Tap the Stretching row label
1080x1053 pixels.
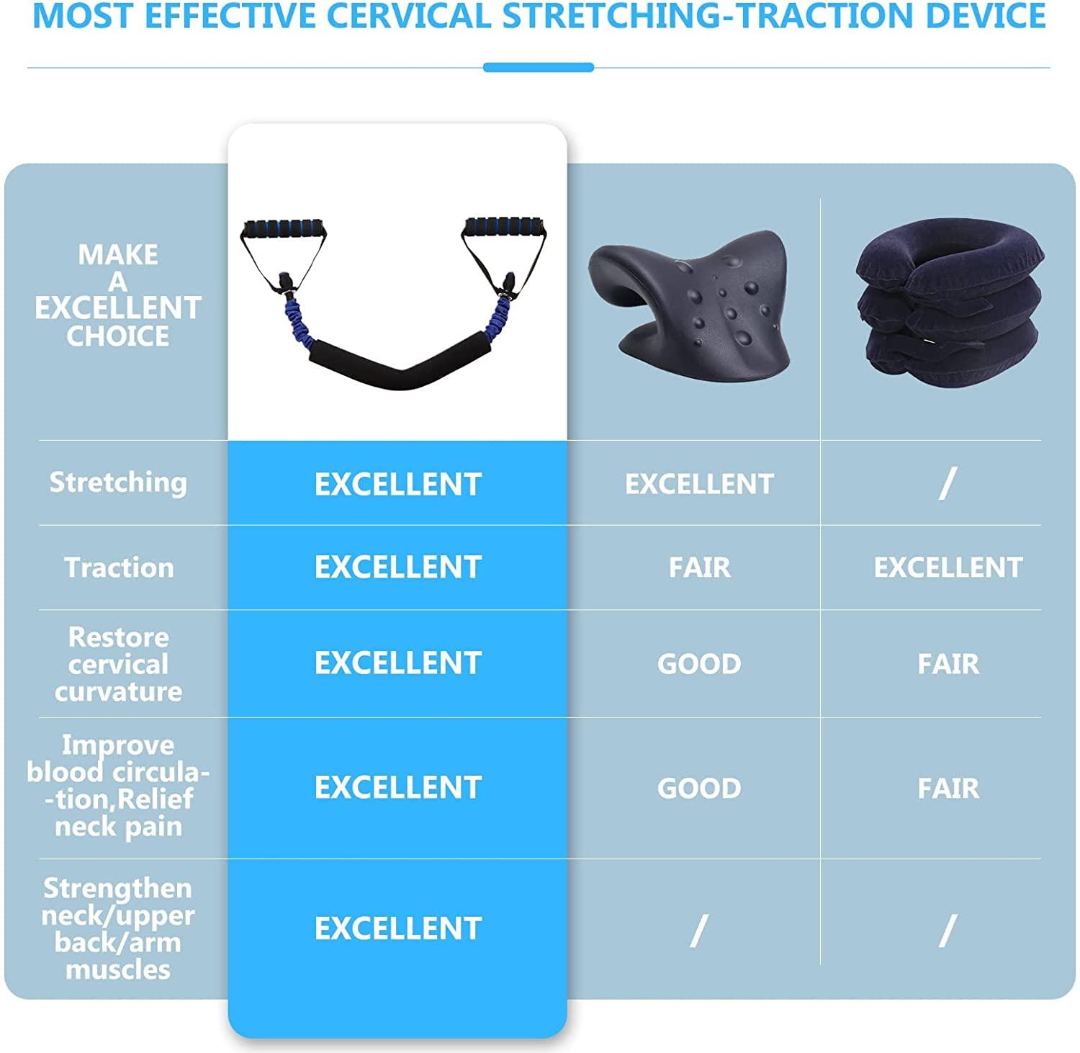tap(118, 482)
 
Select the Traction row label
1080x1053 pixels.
tap(119, 568)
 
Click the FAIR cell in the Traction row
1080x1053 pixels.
tap(699, 568)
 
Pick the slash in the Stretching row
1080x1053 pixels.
tap(948, 483)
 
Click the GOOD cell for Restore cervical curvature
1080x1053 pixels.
tap(699, 663)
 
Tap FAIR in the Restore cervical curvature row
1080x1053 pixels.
tap(948, 663)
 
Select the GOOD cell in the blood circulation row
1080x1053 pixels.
tap(699, 788)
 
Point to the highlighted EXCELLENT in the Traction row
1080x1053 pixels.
tap(397, 568)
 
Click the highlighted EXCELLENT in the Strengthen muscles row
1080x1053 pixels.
tap(397, 928)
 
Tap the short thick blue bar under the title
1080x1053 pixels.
tap(539, 68)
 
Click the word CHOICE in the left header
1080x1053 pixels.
tap(118, 336)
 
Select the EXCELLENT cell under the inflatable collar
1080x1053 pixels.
tap(948, 568)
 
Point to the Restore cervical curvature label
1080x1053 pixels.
tap(118, 664)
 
